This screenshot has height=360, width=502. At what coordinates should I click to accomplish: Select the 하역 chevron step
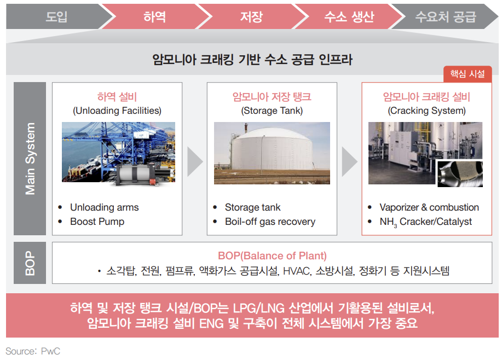[154, 16]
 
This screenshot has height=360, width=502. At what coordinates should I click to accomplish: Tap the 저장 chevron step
[251, 16]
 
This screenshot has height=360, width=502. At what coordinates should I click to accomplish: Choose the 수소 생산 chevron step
[349, 16]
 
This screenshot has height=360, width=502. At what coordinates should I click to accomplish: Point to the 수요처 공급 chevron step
[445, 16]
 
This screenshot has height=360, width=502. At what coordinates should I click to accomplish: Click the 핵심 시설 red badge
[467, 74]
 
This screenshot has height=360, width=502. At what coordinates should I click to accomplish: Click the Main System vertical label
[30, 159]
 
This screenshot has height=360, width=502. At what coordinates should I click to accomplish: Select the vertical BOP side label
[30, 263]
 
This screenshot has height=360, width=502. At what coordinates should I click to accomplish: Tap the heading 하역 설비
[117, 97]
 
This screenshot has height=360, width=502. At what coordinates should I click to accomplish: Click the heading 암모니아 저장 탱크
[272, 97]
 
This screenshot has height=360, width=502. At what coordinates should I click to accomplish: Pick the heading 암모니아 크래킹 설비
[426, 97]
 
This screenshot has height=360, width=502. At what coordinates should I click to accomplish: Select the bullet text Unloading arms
[104, 207]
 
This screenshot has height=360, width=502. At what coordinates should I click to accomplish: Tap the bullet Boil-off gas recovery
[270, 222]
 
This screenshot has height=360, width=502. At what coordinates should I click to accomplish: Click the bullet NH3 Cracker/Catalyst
[425, 222]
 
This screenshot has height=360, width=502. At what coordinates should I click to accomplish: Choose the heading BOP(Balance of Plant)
[272, 256]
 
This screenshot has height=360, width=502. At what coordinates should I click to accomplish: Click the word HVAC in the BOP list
[296, 271]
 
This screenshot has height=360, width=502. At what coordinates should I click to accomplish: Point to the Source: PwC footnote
[33, 351]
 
